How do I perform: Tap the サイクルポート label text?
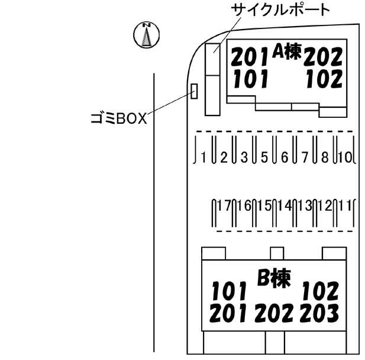280,10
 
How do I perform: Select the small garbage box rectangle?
193,91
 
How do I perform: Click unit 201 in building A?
250,57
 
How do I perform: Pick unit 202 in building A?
324,57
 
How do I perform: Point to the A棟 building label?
287,53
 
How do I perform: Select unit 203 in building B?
319,312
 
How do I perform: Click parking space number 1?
204,157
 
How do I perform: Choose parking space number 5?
264,157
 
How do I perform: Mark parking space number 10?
347,157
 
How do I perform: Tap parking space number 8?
325,157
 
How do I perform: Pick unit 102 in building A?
324,79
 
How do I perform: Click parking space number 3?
244,157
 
